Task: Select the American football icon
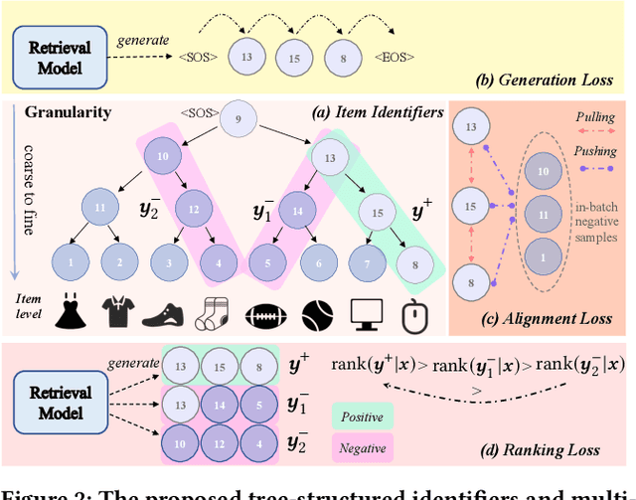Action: click(x=264, y=313)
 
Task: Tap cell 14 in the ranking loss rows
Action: click(x=218, y=406)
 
